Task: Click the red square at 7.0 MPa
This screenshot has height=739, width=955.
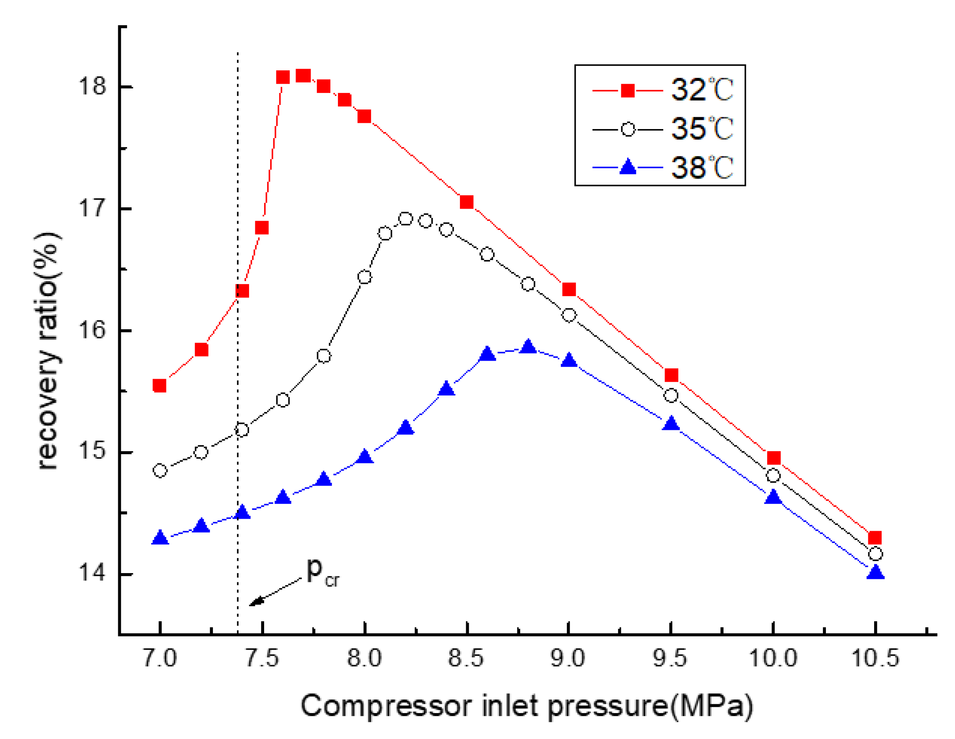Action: tap(160, 385)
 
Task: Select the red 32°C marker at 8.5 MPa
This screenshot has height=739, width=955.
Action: tap(467, 202)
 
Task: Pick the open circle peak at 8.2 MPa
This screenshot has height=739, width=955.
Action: tap(406, 219)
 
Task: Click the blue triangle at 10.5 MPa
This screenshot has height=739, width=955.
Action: tap(875, 573)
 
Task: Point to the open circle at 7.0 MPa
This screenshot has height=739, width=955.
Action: tap(160, 470)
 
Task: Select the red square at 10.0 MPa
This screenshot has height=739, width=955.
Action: tap(773, 458)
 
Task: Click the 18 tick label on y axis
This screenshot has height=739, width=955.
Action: tap(92, 86)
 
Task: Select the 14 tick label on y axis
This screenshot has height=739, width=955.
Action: tap(92, 574)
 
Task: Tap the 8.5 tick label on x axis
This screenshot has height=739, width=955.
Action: tap(466, 658)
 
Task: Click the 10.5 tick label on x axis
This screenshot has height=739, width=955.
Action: tap(875, 658)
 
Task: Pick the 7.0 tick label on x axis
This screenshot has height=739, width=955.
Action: tap(160, 658)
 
